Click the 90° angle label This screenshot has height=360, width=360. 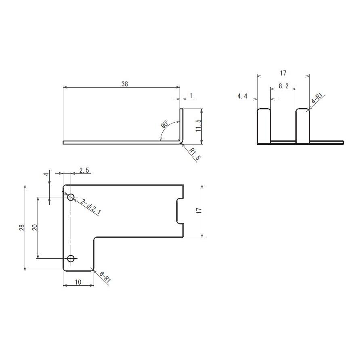[x=165, y=124]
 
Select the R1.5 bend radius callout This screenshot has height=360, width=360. [x=195, y=155]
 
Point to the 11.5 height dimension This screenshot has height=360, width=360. [x=198, y=126]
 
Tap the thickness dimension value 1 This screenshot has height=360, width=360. [x=190, y=95]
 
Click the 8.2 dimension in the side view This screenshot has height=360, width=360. [x=284, y=86]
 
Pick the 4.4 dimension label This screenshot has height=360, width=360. [x=242, y=96]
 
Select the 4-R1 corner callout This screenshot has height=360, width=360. [x=317, y=99]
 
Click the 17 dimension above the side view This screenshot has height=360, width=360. [x=283, y=73]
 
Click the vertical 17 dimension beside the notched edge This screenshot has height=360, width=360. [x=199, y=211]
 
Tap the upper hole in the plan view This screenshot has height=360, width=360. [x=71, y=197]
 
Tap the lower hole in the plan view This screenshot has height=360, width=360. [x=71, y=258]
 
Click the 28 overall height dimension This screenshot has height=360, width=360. [x=22, y=228]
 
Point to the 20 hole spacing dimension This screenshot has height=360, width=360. [x=35, y=227]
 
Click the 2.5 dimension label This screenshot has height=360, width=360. [x=84, y=171]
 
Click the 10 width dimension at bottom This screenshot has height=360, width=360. [x=78, y=283]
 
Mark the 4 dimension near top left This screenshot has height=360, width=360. [x=46, y=174]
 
